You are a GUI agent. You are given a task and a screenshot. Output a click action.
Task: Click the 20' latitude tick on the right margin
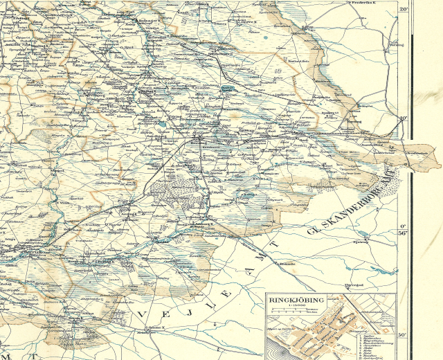coord(404,9)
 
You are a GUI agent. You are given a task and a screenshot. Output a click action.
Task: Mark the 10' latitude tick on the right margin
coord(404,118)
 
